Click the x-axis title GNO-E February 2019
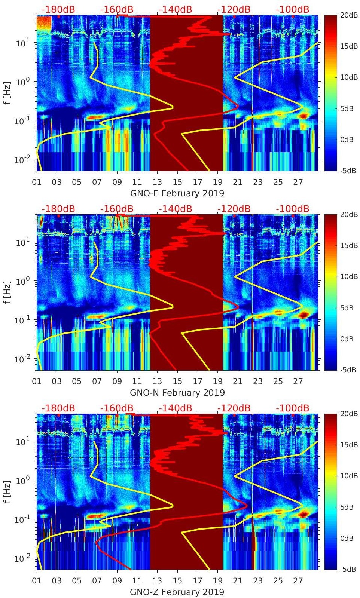(177, 193)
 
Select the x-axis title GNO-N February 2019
(177, 393)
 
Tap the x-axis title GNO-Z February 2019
(177, 592)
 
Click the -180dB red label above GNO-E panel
(58, 9)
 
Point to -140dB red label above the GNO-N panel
(175, 209)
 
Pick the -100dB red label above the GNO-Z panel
(292, 408)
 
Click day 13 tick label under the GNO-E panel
(157, 182)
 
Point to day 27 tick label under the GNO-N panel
(298, 381)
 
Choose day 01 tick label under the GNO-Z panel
(37, 581)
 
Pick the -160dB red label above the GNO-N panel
(116, 209)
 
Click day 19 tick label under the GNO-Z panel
(217, 581)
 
